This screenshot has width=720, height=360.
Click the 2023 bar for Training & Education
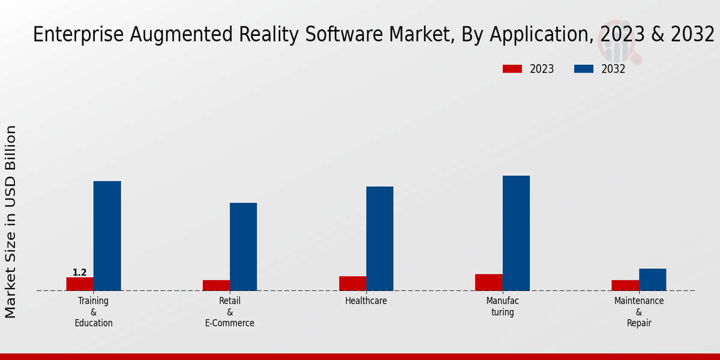click(80, 284)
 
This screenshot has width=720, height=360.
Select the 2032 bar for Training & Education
click(107, 236)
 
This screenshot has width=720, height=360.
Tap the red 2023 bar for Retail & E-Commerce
click(216, 286)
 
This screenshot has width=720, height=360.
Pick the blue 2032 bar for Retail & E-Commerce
click(243, 247)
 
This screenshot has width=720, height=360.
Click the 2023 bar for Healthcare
click(352, 283)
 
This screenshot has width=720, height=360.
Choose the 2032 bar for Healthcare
click(380, 239)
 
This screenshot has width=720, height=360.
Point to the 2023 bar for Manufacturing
click(488, 283)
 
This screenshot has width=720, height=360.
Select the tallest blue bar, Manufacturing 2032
click(516, 233)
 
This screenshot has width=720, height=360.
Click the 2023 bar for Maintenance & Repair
click(625, 286)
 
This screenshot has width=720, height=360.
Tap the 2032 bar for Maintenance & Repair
click(652, 280)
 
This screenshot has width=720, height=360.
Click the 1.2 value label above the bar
click(80, 272)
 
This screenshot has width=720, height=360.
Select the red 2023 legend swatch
click(512, 69)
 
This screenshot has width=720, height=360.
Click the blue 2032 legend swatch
click(583, 69)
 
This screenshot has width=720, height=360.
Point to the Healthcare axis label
click(366, 301)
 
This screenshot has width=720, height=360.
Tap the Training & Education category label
click(94, 312)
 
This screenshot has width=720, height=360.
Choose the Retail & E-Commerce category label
click(230, 312)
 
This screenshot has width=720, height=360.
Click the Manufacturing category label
click(502, 307)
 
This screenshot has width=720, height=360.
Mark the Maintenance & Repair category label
click(639, 312)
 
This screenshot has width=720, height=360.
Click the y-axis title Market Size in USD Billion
click(11, 221)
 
